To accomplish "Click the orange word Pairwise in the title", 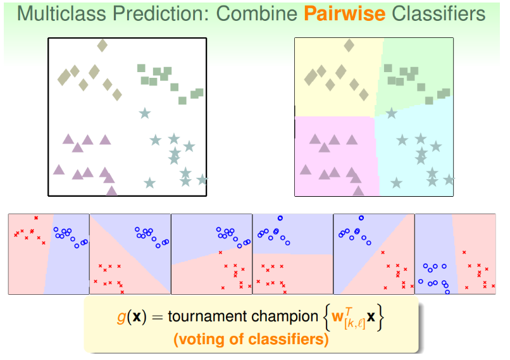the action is point(345,14).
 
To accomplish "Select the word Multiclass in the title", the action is point(62,14).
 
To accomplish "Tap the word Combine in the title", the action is point(257,14).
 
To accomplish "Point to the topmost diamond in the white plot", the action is point(102,46).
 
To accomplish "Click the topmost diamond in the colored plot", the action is point(349,46).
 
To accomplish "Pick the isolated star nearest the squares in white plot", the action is point(145,113).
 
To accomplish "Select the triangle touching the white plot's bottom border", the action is point(111,190).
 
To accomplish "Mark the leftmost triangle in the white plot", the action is point(59,170).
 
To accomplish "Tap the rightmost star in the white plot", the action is point(202,180).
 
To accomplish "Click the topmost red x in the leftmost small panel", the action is point(36,218).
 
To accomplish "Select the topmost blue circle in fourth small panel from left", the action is point(280,218).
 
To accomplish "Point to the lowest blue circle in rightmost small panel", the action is point(447,292).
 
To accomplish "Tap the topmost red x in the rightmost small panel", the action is point(464,252).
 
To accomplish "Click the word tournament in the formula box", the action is point(207,316).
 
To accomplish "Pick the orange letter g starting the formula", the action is point(121,318).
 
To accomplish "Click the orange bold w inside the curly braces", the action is point(337,316).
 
